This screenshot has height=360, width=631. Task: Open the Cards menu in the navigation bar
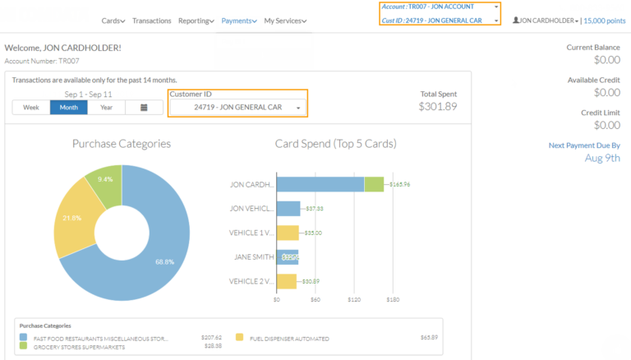click(x=114, y=21)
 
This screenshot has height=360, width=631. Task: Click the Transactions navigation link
click(x=151, y=21)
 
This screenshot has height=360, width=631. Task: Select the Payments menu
click(x=239, y=21)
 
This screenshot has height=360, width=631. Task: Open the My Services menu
click(x=285, y=21)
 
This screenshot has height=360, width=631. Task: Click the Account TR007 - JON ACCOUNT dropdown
click(x=440, y=7)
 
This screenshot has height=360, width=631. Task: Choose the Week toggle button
click(x=31, y=108)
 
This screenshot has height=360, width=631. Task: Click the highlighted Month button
click(x=69, y=108)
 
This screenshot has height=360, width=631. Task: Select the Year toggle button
click(x=107, y=108)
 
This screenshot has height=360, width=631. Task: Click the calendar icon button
click(x=144, y=108)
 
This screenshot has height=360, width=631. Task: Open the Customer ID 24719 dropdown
click(x=237, y=108)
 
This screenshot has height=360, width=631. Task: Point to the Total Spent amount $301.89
click(x=437, y=106)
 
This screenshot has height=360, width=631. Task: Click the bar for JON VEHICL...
click(x=288, y=209)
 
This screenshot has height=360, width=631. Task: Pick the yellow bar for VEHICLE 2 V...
click(x=287, y=281)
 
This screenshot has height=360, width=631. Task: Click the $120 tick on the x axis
click(x=354, y=300)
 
